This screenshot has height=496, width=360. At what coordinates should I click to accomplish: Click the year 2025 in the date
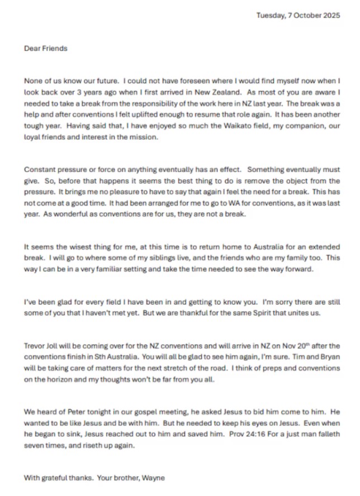pyautogui.click(x=330, y=16)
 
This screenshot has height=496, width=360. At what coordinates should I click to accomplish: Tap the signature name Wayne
pyautogui.click(x=154, y=478)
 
